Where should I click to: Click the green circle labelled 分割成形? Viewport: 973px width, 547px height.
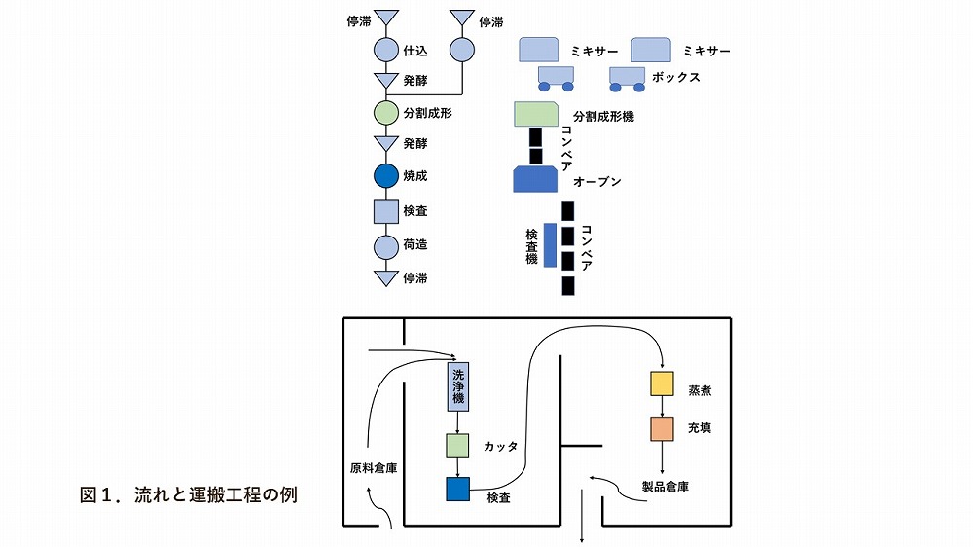[x=387, y=113]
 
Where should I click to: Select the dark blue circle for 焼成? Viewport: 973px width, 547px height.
[x=387, y=177]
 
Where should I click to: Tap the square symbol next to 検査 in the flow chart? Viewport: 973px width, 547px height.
[x=387, y=210]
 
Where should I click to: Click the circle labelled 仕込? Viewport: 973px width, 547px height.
[x=387, y=50]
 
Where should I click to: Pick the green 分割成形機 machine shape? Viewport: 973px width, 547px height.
[x=534, y=114]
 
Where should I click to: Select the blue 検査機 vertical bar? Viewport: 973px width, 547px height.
[x=550, y=244]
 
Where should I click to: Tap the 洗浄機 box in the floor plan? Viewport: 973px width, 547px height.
[x=456, y=388]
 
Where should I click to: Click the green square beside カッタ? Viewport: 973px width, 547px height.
[x=457, y=447]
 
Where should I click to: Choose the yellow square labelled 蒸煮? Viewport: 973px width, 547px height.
[x=663, y=383]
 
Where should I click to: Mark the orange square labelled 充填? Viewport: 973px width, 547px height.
[x=663, y=428]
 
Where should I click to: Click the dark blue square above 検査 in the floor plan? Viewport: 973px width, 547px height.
[x=457, y=490]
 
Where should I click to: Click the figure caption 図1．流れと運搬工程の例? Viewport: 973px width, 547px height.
[x=188, y=493]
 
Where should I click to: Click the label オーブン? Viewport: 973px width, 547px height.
[x=597, y=182]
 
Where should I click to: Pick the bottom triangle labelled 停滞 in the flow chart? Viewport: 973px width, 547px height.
[x=387, y=277]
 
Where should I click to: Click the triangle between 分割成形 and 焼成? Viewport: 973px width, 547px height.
[x=387, y=144]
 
